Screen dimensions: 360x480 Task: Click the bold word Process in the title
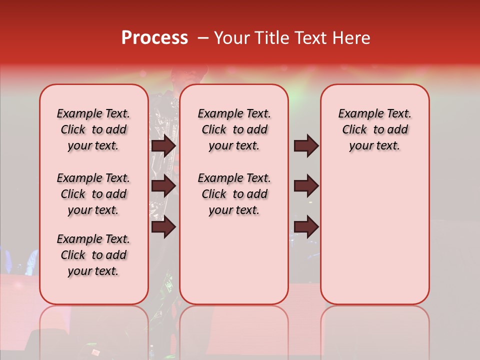click(154, 37)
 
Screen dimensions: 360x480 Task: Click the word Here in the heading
click(351, 37)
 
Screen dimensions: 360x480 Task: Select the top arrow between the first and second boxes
click(163, 146)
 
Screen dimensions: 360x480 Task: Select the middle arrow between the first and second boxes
click(163, 186)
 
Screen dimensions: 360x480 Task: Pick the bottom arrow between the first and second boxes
click(163, 226)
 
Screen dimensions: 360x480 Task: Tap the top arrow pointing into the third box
click(306, 146)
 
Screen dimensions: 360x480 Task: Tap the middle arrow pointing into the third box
click(306, 186)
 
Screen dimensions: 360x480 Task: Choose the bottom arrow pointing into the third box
click(306, 226)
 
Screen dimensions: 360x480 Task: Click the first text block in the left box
click(93, 129)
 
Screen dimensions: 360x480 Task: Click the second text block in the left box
click(93, 194)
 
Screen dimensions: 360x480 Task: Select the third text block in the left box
click(93, 255)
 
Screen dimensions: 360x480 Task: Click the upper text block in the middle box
click(234, 129)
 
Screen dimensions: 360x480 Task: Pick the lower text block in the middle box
click(234, 194)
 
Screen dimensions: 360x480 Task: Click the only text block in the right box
click(374, 129)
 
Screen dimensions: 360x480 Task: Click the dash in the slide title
click(202, 37)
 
